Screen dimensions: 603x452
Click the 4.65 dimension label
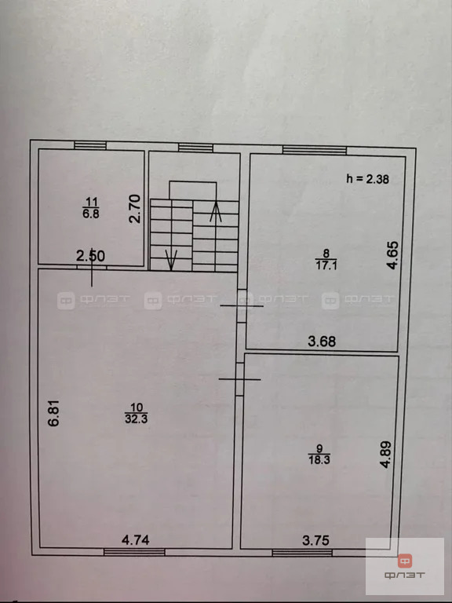pyautogui.click(x=394, y=255)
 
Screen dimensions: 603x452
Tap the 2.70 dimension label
pyautogui.click(x=135, y=209)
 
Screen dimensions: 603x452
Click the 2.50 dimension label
pyautogui.click(x=90, y=255)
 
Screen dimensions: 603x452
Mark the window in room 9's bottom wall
pyautogui.click(x=292, y=553)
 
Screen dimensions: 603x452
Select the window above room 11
pyautogui.click(x=91, y=144)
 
